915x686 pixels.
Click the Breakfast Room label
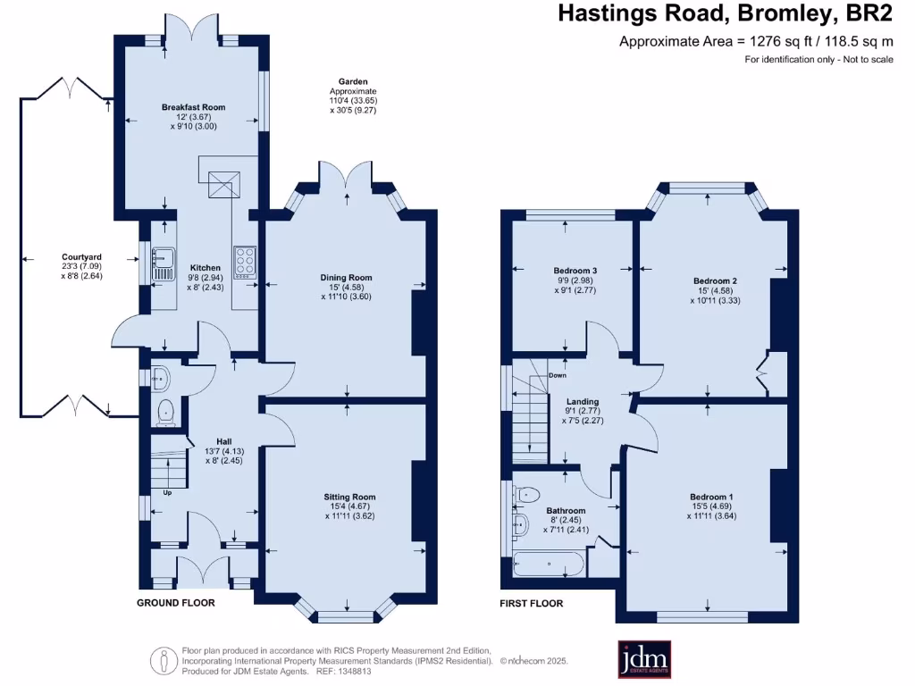(x=193, y=107)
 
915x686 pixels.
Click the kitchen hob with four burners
(x=244, y=263)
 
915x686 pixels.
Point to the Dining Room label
(x=346, y=278)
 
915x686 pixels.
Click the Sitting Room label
(x=349, y=497)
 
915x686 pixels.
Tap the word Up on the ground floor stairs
(x=167, y=492)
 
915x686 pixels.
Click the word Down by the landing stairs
(x=558, y=375)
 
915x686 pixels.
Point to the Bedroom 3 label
(x=575, y=271)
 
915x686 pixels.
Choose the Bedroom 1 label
(x=711, y=497)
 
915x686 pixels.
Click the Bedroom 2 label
(x=715, y=281)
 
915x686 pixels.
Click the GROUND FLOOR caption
(x=175, y=603)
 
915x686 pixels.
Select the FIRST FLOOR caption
(x=531, y=604)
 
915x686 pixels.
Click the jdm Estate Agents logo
(x=645, y=659)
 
